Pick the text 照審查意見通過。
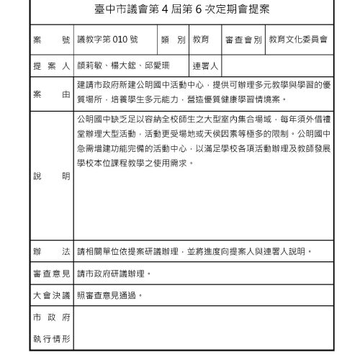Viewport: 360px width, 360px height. [x=109, y=295]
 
